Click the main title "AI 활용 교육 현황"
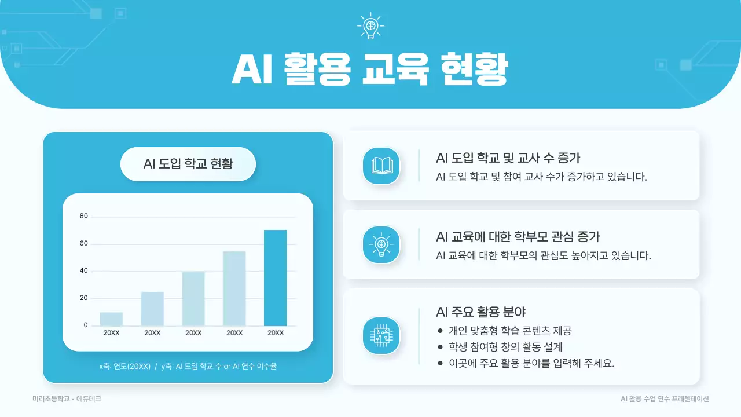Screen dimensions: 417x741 [370, 71]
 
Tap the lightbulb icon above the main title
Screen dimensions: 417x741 [370, 26]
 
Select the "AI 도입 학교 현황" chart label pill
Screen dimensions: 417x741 [188, 164]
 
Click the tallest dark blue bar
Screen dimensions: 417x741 [275, 278]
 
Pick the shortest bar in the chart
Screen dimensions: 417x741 [111, 319]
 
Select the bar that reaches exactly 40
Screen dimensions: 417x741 [193, 298]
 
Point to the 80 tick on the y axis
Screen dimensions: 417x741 [84, 217]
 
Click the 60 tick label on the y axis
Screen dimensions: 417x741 [84, 244]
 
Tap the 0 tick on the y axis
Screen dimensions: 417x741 [86, 325]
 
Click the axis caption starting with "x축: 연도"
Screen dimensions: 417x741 [188, 366]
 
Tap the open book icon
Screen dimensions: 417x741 [381, 166]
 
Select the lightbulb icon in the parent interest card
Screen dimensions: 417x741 [381, 244]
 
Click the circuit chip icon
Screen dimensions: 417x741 [381, 336]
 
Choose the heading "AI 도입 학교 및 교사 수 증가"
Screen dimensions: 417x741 [508, 158]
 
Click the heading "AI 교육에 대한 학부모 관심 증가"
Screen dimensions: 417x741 [518, 236]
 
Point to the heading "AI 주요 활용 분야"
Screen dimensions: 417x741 [480, 312]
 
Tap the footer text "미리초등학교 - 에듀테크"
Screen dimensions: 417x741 [67, 399]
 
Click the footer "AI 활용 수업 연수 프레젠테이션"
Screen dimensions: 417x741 [665, 399]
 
